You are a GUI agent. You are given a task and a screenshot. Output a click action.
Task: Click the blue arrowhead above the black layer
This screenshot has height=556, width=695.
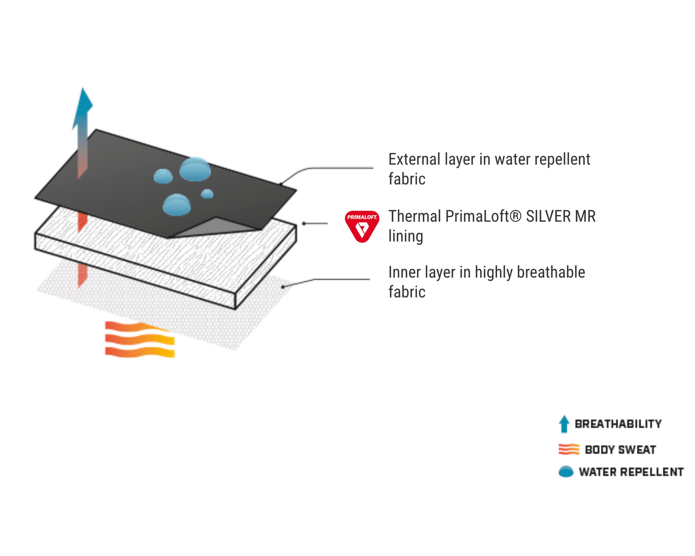click(x=82, y=108)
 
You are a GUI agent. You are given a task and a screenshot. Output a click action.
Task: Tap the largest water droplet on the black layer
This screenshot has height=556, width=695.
click(x=195, y=169)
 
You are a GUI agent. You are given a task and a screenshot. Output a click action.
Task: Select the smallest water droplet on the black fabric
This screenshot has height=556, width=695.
click(x=207, y=194)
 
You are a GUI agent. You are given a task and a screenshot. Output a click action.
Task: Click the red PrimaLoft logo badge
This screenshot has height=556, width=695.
click(x=362, y=226)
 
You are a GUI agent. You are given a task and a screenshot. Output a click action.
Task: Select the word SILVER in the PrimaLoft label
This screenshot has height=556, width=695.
click(x=545, y=216)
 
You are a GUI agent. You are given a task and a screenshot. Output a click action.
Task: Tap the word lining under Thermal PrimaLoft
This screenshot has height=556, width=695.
click(x=405, y=236)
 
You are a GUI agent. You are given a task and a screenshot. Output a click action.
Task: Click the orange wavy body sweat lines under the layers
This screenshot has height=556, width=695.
click(x=140, y=340)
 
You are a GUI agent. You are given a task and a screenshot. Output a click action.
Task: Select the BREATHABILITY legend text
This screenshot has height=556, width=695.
click(x=618, y=424)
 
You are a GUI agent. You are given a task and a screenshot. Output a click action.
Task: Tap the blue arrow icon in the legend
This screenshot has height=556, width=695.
click(x=564, y=424)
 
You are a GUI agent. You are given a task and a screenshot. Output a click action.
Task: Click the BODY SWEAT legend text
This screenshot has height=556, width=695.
click(x=620, y=450)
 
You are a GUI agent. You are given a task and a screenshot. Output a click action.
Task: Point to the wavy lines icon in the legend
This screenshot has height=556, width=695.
click(x=569, y=449)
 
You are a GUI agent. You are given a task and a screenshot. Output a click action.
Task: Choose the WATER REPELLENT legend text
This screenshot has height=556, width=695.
click(x=631, y=472)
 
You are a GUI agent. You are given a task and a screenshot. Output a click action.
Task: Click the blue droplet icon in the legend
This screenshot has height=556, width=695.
click(x=566, y=472)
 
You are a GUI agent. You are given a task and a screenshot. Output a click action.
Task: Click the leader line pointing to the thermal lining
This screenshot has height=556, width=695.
click(x=315, y=223)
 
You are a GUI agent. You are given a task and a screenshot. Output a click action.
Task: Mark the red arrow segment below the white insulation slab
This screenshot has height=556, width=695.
click(x=83, y=275)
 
